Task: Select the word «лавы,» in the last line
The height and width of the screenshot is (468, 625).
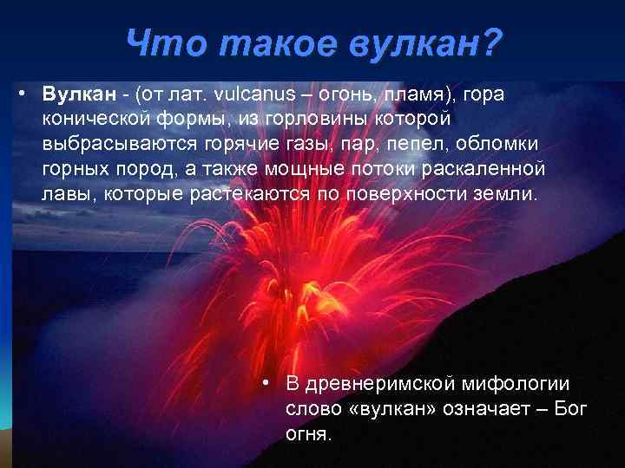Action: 69,192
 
